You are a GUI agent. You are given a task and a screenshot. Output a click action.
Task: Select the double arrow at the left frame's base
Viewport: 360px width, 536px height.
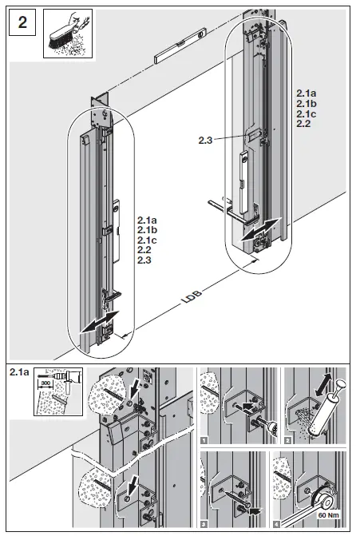point(100,321)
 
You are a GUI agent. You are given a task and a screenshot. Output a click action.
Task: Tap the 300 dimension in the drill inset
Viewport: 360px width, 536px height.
point(45,383)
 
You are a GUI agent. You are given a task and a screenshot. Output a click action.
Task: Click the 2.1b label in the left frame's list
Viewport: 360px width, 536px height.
point(147,229)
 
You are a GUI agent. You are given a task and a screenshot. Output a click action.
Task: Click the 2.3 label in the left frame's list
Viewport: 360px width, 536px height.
point(144,260)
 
